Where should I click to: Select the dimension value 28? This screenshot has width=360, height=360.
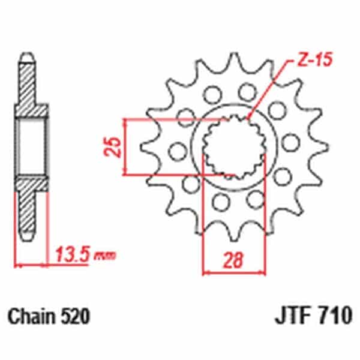tap(233, 261)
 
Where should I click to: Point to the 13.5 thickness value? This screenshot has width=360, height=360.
tap(72, 254)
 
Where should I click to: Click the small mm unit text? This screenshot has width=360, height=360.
tap(104, 256)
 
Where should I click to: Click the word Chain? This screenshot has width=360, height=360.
tap(32, 316)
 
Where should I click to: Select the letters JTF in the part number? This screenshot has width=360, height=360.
tap(295, 314)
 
